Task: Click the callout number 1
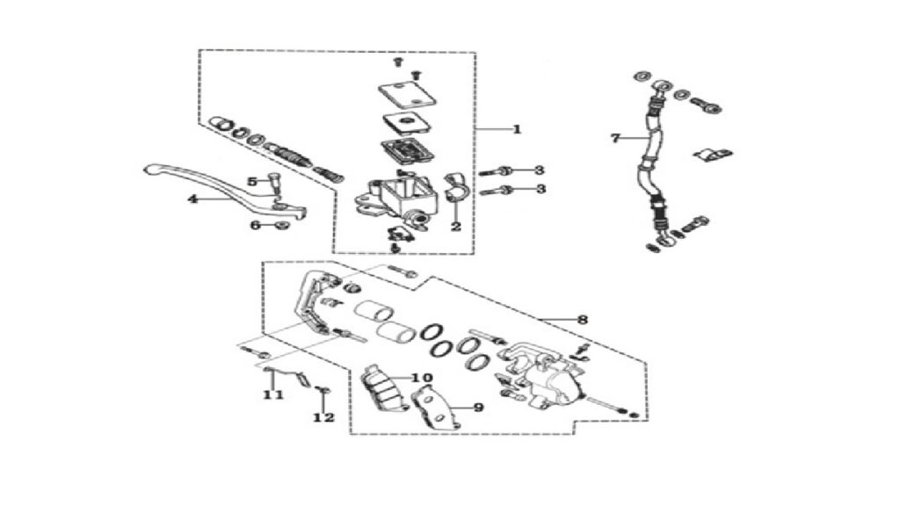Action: pyautogui.click(x=517, y=129)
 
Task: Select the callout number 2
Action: pyautogui.click(x=456, y=227)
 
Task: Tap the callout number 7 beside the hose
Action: pyautogui.click(x=615, y=138)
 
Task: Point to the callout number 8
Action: pyautogui.click(x=583, y=320)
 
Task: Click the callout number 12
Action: pyautogui.click(x=323, y=417)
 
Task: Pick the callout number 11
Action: pyautogui.click(x=273, y=394)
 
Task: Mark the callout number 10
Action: pyautogui.click(x=422, y=378)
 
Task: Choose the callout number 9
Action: pyautogui.click(x=478, y=408)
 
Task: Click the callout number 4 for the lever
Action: pyautogui.click(x=192, y=199)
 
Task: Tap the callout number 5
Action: pyautogui.click(x=252, y=182)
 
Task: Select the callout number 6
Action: pyautogui.click(x=256, y=226)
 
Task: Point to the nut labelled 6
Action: pyautogui.click(x=281, y=225)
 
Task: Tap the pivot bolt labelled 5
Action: pyautogui.click(x=272, y=184)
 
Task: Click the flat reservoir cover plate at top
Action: pyautogui.click(x=407, y=94)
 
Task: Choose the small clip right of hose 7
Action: pyautogui.click(x=713, y=154)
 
